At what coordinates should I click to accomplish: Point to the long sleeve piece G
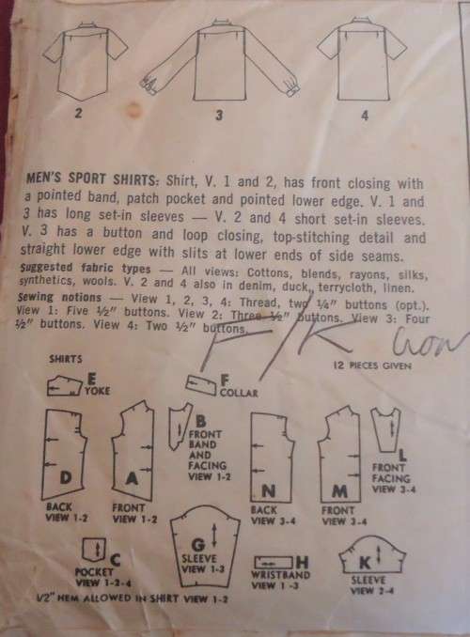(198, 544)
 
